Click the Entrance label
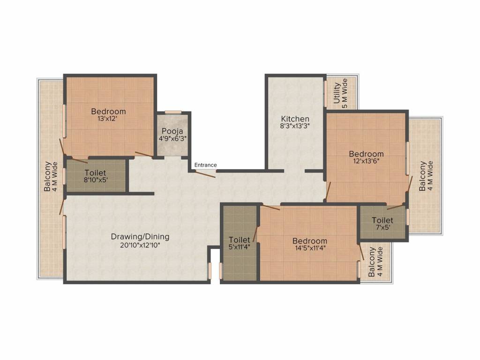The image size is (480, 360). pos(205,165)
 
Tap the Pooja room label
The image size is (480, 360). pos(172,132)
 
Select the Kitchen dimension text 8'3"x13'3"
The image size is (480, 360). pos(295,126)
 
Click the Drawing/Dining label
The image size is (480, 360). pos(140,237)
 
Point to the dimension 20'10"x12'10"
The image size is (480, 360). pos(140,245)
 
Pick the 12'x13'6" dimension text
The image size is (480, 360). pos(367,161)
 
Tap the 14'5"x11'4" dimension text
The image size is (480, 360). pos(310,248)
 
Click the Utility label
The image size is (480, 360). pos(337,93)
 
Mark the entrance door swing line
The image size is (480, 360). pos(205,174)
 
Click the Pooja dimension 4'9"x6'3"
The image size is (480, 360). pos(172,138)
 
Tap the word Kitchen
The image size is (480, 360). pos(295,119)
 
